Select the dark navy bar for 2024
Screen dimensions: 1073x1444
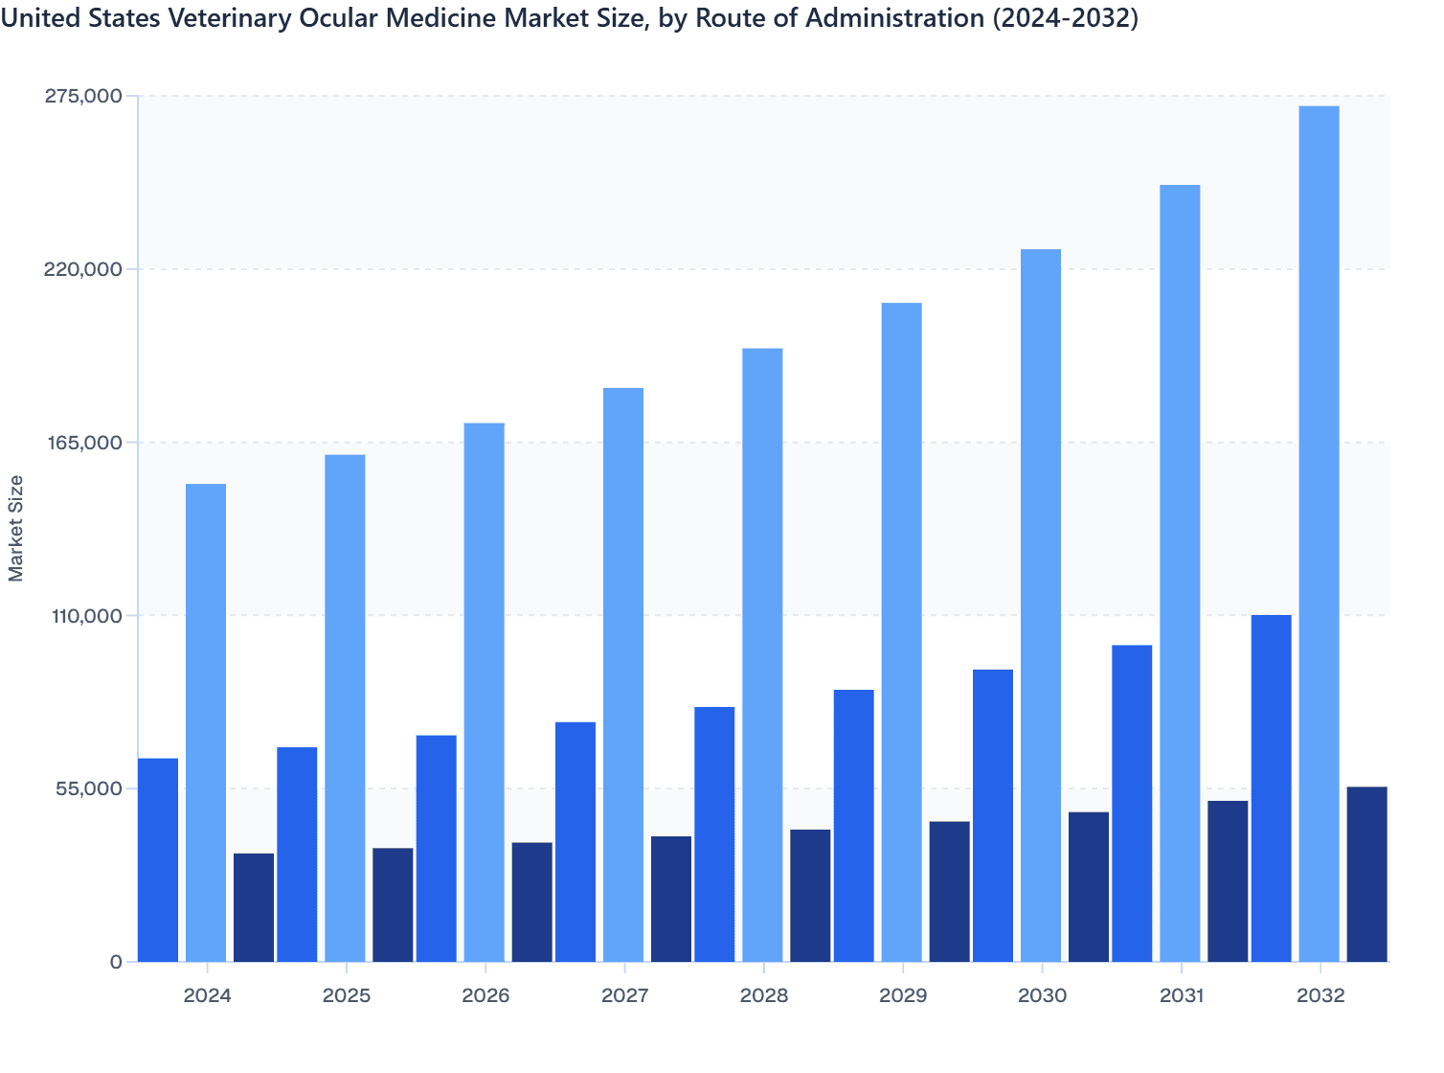[x=254, y=907]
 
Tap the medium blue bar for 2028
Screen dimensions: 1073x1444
[x=714, y=834]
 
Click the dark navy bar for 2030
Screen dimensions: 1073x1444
[x=1089, y=887]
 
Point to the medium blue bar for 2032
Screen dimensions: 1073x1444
[x=1271, y=788]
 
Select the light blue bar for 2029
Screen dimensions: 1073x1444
[x=902, y=632]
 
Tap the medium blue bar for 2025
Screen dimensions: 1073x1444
[x=297, y=855]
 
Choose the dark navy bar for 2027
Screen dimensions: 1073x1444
[x=671, y=899]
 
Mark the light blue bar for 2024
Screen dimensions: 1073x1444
[x=206, y=722]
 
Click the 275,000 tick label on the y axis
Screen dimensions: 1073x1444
[x=83, y=96]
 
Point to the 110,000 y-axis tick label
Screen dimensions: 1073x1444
[x=83, y=615]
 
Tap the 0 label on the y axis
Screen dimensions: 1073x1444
[x=116, y=962]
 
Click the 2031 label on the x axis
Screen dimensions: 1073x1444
[x=1182, y=995]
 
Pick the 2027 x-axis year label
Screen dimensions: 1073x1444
[x=624, y=995]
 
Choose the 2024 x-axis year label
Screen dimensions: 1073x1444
[x=207, y=995]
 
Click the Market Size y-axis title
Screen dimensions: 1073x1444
[x=16, y=528]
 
